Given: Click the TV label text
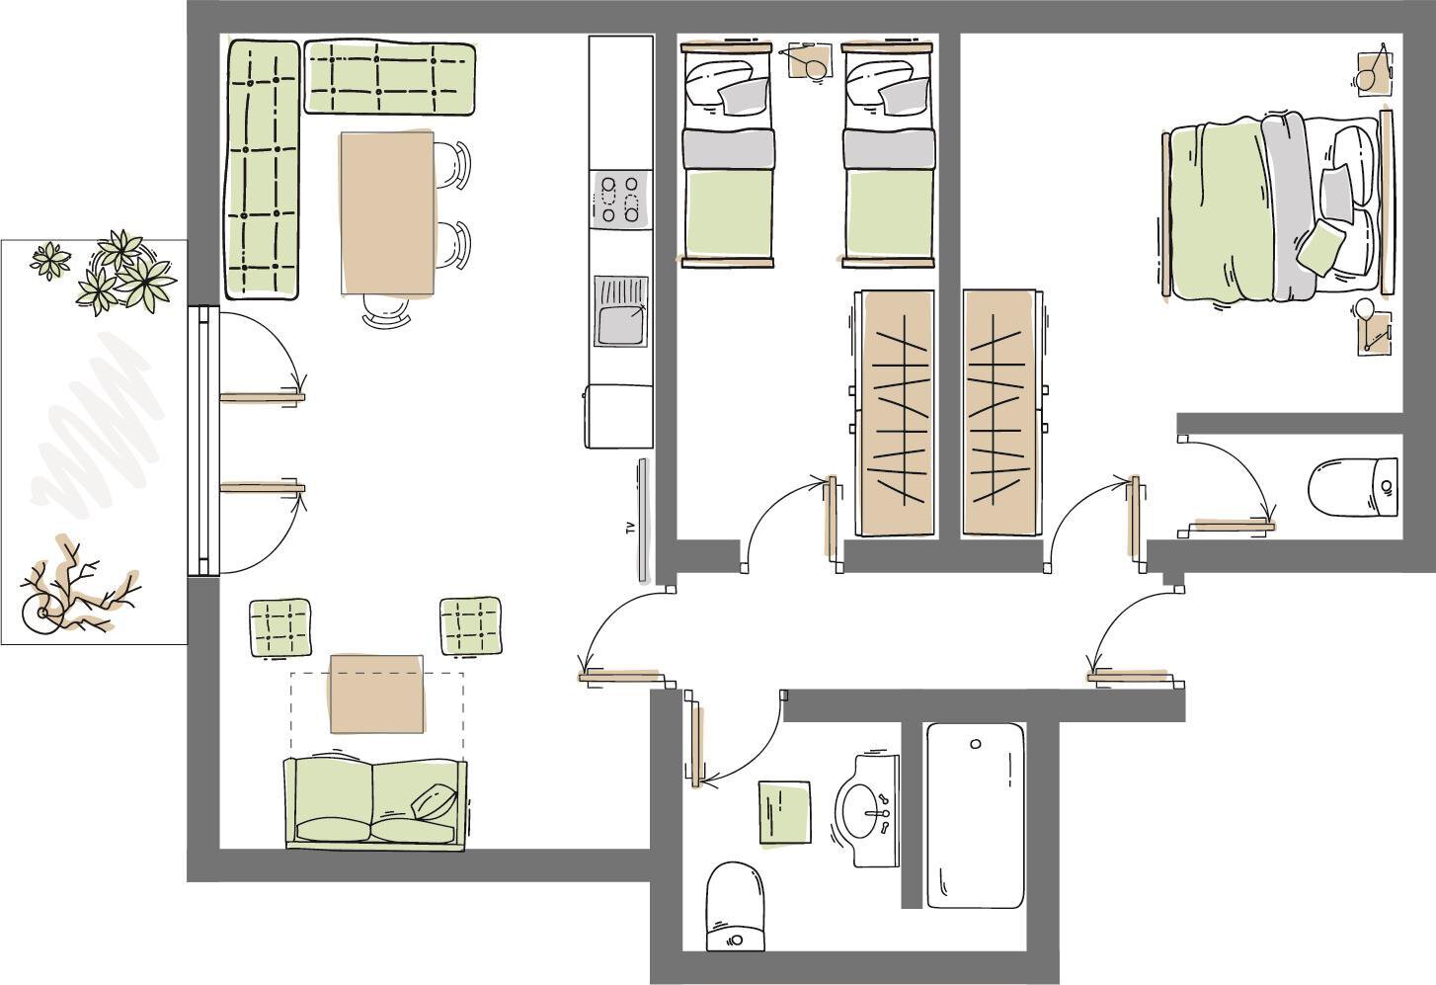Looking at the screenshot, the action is point(629,529).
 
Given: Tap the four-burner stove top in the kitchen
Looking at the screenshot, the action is point(620,201).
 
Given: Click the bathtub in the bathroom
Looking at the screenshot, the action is point(975,815).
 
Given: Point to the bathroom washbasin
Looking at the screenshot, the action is point(867,810).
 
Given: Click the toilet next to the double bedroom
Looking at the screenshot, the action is point(1353,486).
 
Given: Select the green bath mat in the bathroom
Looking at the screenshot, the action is point(785,812).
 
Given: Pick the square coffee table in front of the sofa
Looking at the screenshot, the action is point(376,694).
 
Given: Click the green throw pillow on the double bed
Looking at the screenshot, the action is point(1320,248).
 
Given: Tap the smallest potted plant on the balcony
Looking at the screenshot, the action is point(50,260).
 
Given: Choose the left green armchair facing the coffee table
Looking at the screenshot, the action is point(280,627).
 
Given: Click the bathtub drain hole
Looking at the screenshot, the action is point(976,744).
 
